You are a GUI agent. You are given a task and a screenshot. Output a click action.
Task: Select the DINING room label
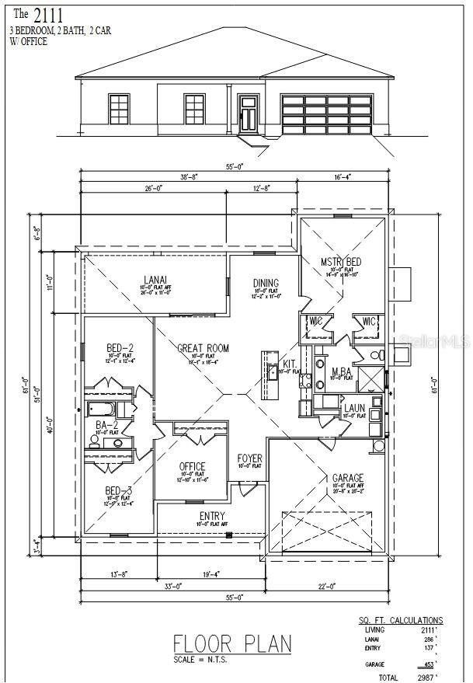[266, 284]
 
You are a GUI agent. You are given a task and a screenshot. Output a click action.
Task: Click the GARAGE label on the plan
[348, 478]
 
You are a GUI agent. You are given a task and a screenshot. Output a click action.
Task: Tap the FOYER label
[249, 458]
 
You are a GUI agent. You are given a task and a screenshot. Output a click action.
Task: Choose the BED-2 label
[120, 348]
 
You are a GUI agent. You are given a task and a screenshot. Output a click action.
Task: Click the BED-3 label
[120, 491]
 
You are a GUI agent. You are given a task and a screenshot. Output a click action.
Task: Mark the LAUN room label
[355, 407]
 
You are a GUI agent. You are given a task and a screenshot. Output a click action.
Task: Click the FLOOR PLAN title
[232, 643]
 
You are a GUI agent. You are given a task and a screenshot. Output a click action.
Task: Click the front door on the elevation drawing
[249, 113]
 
